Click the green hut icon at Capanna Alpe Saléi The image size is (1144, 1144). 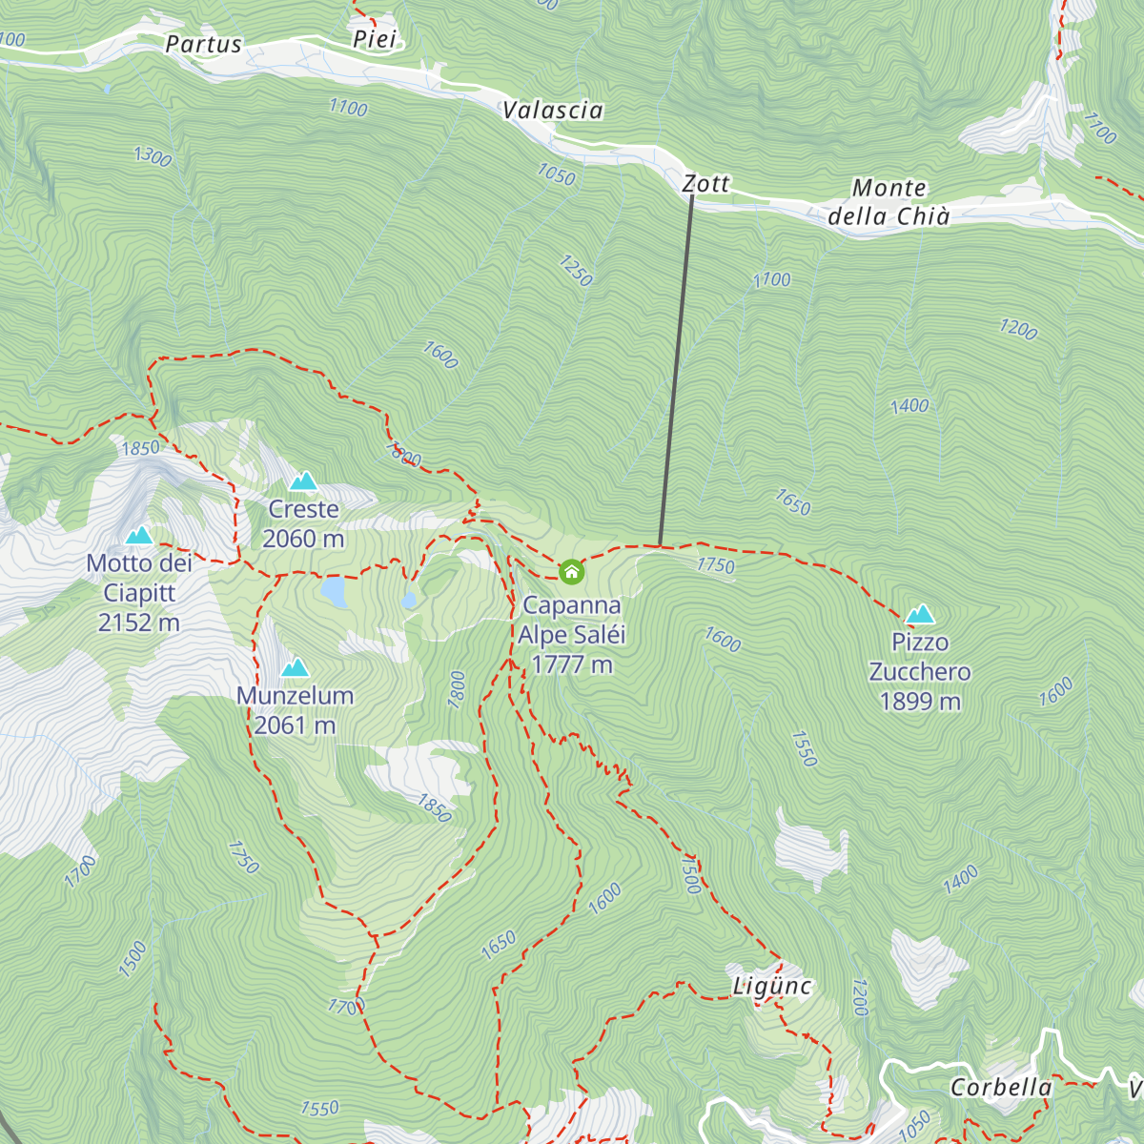click(x=571, y=571)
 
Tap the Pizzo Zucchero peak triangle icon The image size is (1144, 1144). click(x=920, y=614)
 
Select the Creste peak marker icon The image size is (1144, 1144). click(x=303, y=481)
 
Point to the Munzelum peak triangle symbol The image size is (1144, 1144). click(x=295, y=667)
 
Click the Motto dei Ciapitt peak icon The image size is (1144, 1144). click(x=139, y=536)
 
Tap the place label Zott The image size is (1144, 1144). click(x=706, y=184)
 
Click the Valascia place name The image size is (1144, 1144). click(x=553, y=111)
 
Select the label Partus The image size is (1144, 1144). click(x=203, y=44)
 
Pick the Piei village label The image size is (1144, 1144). click(x=374, y=39)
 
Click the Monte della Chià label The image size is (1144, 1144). click(x=889, y=202)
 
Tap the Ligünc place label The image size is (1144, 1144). click(x=772, y=986)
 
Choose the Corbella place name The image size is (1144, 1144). click(x=1001, y=1088)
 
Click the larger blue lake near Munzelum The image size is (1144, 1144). click(x=333, y=591)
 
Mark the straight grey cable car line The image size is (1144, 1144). click(x=676, y=372)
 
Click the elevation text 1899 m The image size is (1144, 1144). click(x=920, y=702)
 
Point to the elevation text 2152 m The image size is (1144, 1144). click(x=139, y=623)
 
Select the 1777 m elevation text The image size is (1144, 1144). click(x=571, y=664)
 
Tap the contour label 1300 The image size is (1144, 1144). click(x=153, y=155)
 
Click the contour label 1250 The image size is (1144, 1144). click(x=576, y=271)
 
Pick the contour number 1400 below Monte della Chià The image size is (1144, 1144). click(x=909, y=406)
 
